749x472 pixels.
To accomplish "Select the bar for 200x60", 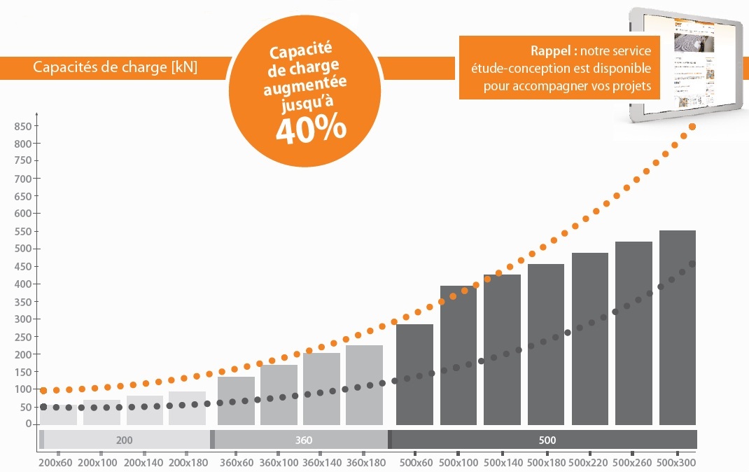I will tap(58, 415).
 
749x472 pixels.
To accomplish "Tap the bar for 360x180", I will tap(364, 384).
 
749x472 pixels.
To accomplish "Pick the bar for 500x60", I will tap(414, 374).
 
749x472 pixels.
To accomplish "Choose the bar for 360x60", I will tap(236, 400).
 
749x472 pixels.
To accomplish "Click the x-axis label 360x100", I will tap(279, 462).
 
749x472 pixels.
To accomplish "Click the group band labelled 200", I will tap(125, 440).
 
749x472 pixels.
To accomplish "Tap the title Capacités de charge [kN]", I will tap(115, 68).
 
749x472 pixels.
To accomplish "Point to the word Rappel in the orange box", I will tap(553, 52).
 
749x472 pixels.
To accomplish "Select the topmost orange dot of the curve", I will tap(692, 127).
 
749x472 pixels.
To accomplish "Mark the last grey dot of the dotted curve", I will tap(692, 264).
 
